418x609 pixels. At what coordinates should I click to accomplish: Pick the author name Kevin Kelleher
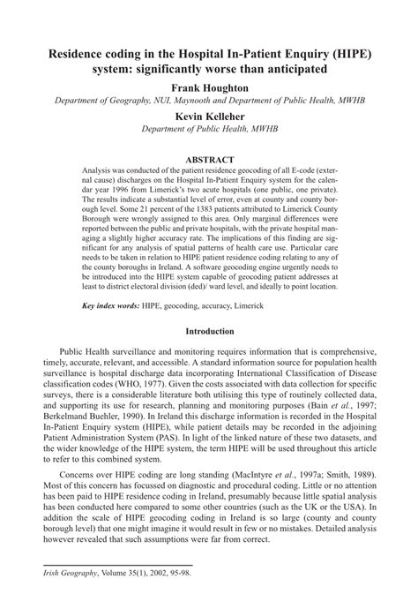pyautogui.click(x=209, y=117)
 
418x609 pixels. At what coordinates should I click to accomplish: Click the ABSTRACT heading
pyautogui.click(x=209, y=160)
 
